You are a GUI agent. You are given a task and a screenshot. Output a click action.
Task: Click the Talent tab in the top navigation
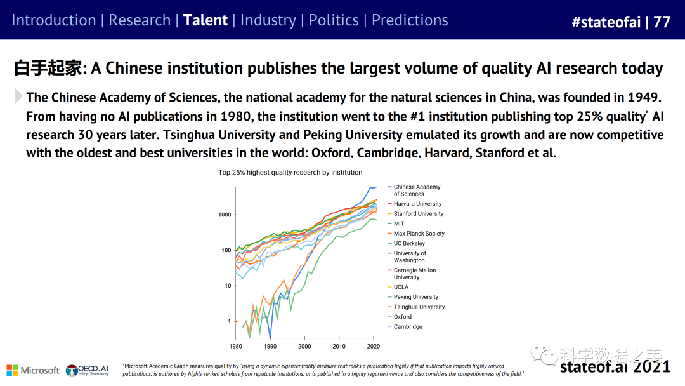205,20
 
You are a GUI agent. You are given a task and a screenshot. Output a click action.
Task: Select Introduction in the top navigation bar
53,20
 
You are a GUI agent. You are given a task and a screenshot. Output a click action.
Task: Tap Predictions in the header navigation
410,20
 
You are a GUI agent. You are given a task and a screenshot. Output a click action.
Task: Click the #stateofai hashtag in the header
606,22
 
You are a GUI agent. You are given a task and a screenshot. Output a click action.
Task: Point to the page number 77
662,22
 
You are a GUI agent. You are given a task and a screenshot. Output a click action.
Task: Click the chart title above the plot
290,172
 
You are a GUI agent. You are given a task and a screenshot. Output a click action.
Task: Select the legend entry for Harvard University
417,204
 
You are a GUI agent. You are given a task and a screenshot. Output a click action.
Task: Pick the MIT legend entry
398,223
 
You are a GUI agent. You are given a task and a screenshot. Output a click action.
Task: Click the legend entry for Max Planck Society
419,234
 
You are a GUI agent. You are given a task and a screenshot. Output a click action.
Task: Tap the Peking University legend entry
415,297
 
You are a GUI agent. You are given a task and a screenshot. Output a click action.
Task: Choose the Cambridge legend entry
407,327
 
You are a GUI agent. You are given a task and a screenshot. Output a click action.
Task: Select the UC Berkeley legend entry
409,244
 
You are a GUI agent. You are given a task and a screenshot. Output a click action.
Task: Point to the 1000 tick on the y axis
225,215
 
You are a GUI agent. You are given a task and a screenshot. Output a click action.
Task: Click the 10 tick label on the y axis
228,286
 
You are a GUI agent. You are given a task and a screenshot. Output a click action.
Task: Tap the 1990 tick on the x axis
270,346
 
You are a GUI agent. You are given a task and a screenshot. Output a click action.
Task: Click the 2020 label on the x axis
374,346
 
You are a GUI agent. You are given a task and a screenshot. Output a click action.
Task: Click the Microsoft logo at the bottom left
32,370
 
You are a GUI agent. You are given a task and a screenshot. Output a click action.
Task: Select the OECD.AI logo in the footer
88,370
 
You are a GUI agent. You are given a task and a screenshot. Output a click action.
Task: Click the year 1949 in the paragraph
643,98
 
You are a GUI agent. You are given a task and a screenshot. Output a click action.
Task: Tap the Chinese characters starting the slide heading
48,69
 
